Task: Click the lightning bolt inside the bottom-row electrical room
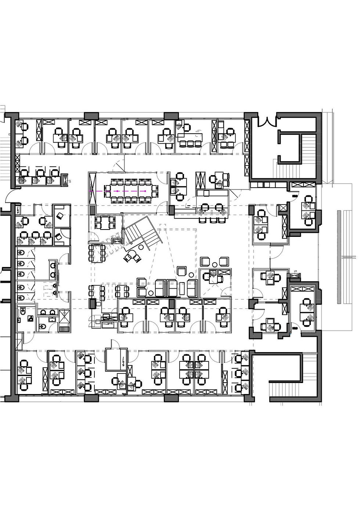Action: click(x=122, y=361)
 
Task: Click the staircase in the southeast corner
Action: click(x=290, y=391)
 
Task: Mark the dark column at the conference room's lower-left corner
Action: click(x=93, y=210)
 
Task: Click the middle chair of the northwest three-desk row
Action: click(x=37, y=173)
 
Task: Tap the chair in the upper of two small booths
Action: click(x=60, y=216)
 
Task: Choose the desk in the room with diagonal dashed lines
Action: click(x=214, y=276)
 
